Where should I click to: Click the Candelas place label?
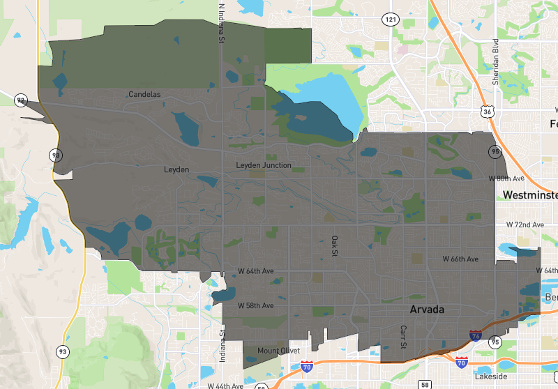(x=144, y=94)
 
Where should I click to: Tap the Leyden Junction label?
(x=264, y=165)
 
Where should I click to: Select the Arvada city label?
(x=427, y=308)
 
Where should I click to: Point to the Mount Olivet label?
(x=278, y=350)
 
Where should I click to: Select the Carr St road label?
(x=402, y=337)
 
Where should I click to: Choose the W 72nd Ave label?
(x=525, y=225)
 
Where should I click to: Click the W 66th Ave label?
(x=461, y=259)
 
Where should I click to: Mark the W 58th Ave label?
(x=255, y=305)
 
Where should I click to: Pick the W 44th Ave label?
(x=225, y=385)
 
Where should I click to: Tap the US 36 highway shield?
(x=486, y=111)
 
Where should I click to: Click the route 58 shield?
(x=425, y=383)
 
